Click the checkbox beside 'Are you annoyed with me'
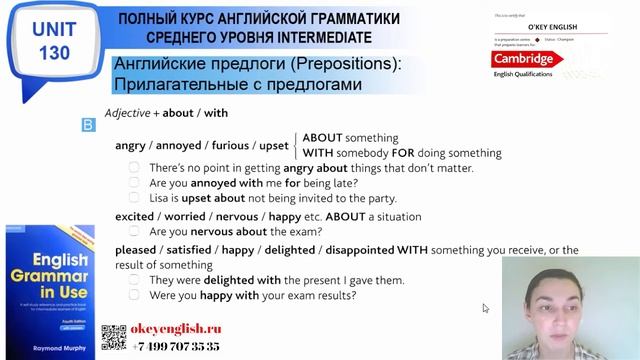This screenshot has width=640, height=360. click(x=134, y=184)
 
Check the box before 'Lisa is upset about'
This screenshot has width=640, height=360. click(x=134, y=199)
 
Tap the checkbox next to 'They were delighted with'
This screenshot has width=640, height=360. click(x=134, y=280)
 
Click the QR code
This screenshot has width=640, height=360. click(x=114, y=338)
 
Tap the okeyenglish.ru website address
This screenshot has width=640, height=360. click(x=177, y=329)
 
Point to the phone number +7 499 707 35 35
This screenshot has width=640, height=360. click(x=177, y=345)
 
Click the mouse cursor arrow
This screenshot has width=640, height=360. click(x=486, y=308)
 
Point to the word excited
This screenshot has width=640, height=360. click(x=135, y=216)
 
